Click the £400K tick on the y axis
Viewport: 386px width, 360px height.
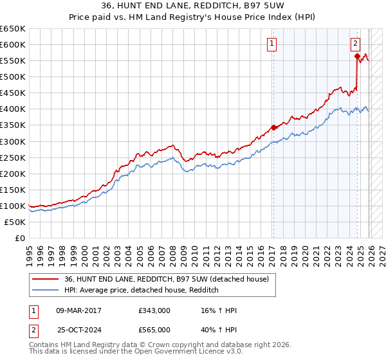click(x=13, y=109)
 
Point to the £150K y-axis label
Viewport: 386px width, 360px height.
click(x=13, y=190)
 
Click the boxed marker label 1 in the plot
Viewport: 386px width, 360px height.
click(x=272, y=44)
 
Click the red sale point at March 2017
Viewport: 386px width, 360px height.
click(x=273, y=127)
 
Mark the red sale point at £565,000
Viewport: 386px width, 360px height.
click(x=357, y=56)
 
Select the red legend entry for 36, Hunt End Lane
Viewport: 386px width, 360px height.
click(x=170, y=279)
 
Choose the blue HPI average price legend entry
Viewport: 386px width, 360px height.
click(x=142, y=290)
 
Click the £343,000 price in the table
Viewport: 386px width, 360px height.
click(x=154, y=310)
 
